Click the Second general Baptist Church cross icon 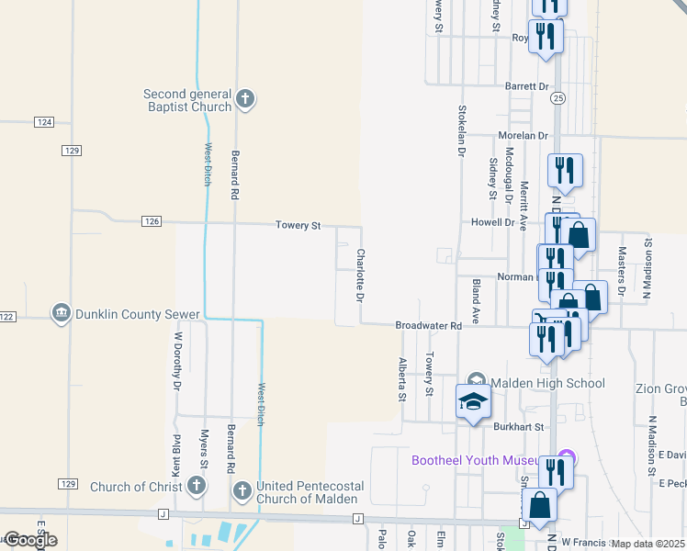point(244,98)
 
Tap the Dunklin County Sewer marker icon point(62,313)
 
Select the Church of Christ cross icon point(195,485)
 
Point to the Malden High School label point(547,383)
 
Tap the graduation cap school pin point(473,402)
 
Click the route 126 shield point(152,221)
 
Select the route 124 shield point(44,122)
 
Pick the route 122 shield point(7,317)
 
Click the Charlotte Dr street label point(361,276)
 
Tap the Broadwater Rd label point(428,326)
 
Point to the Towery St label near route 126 point(298,225)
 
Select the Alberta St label point(401,378)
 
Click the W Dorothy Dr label point(177,361)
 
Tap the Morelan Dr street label point(523,135)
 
